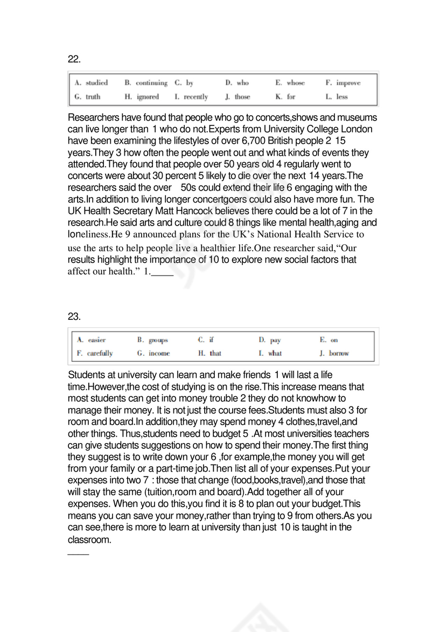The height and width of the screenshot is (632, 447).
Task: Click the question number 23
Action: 74,316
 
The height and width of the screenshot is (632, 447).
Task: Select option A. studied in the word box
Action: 92,83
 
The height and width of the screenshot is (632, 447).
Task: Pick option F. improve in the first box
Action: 343,83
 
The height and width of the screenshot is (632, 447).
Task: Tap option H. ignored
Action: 142,97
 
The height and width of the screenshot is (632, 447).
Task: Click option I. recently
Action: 191,97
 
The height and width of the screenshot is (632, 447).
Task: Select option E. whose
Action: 290,83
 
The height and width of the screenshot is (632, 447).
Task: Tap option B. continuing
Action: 146,83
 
